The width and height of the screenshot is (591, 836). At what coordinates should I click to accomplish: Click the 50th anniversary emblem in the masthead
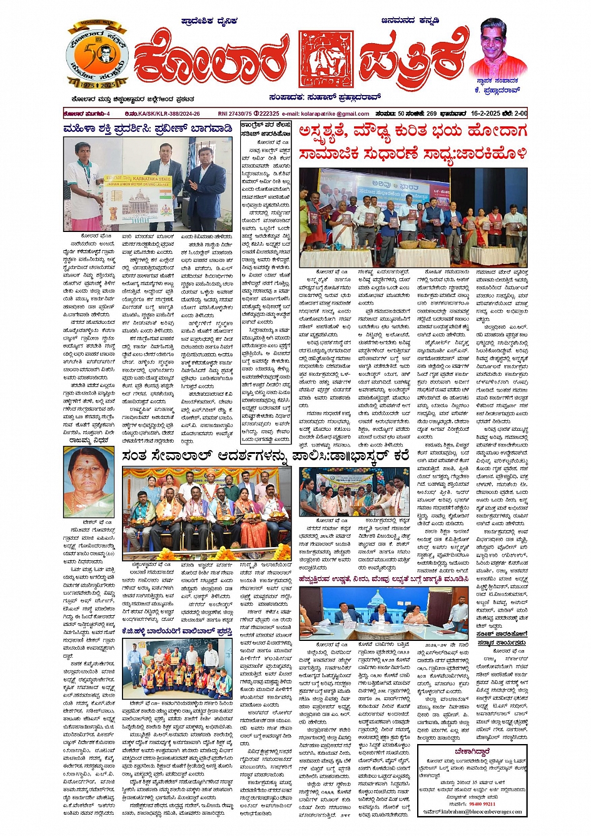pos(98,58)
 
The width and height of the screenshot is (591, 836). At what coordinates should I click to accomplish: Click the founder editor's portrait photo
pos(497,48)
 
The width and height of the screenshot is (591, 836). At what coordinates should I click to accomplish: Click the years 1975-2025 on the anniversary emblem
pos(98,84)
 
